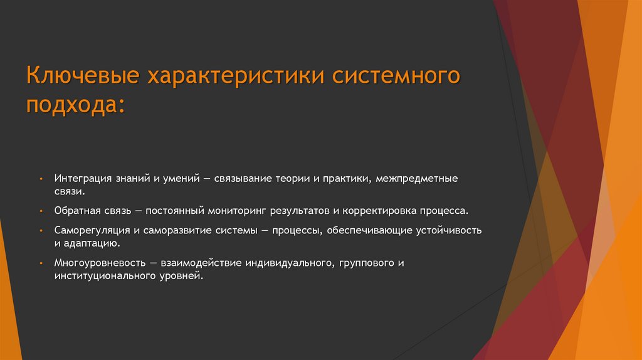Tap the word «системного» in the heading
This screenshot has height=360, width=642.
396,77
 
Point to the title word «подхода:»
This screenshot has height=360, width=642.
75,105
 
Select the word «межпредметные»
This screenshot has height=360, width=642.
420,179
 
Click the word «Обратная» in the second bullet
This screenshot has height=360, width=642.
77,211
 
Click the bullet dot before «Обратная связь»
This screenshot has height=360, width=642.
39,211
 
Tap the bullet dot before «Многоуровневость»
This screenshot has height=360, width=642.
39,262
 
